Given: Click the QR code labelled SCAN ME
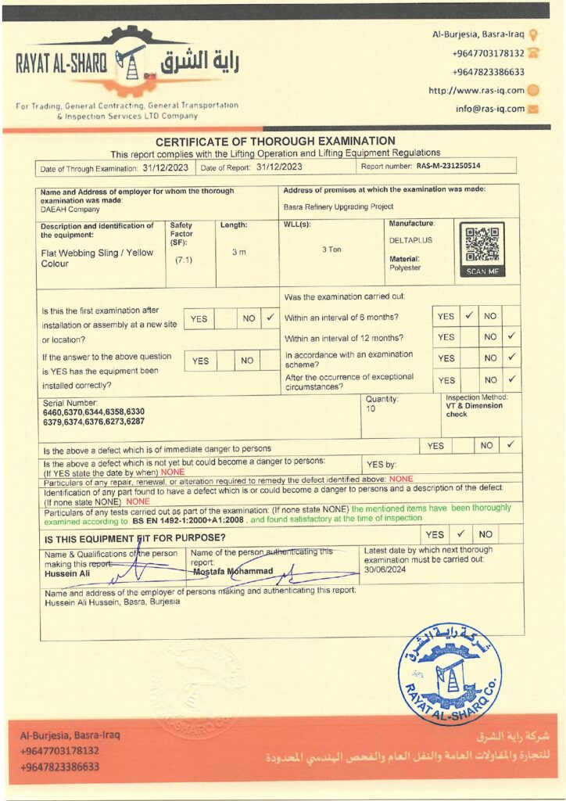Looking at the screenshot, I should (x=481, y=245).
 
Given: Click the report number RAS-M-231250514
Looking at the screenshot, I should (x=449, y=167).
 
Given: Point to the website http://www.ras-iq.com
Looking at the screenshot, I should (x=476, y=90).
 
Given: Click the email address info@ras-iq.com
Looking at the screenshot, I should (x=490, y=109).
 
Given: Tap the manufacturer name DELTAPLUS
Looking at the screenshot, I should (x=410, y=240).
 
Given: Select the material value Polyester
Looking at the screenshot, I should (x=405, y=268).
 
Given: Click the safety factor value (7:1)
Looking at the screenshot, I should (x=184, y=259).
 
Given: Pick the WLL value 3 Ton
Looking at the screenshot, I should (x=334, y=250).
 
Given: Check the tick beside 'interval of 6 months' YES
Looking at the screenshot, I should (x=468, y=317).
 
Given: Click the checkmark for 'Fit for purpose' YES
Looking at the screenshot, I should (x=461, y=534).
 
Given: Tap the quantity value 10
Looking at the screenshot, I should (x=370, y=409).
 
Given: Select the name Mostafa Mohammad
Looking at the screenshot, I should (x=233, y=571).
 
